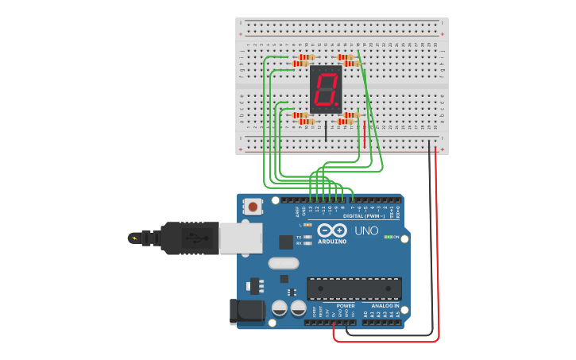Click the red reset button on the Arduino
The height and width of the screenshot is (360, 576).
[253, 207]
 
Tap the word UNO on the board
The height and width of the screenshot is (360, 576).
[366, 230]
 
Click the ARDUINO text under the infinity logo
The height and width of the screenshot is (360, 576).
[333, 241]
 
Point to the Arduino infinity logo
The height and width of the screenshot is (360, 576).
[332, 230]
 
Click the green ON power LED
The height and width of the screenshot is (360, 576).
[387, 237]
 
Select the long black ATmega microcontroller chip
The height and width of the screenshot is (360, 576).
[354, 288]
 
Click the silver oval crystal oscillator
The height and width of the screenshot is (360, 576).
[284, 263]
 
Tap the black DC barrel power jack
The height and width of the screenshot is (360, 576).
[246, 312]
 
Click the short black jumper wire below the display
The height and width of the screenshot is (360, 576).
[325, 130]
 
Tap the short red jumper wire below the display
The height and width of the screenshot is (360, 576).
[365, 133]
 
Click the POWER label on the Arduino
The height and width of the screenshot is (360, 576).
[346, 305]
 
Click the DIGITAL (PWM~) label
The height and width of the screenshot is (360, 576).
[363, 215]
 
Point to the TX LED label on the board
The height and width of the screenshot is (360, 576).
[299, 237]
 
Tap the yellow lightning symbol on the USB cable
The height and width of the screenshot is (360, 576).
[133, 238]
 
